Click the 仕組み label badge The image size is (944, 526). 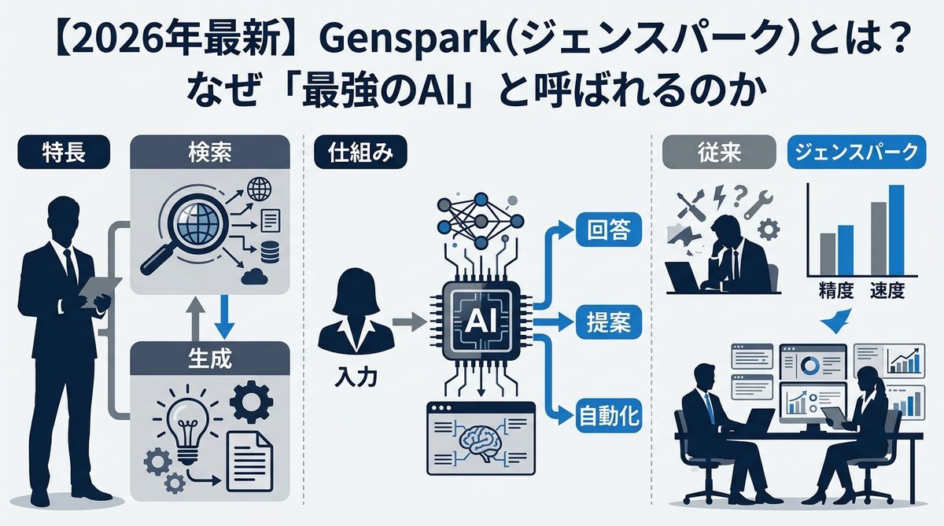(360, 153)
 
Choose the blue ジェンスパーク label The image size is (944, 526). (854, 153)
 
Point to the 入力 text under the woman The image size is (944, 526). (349, 377)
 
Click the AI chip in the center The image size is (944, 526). (480, 319)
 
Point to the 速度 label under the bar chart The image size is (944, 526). (887, 291)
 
